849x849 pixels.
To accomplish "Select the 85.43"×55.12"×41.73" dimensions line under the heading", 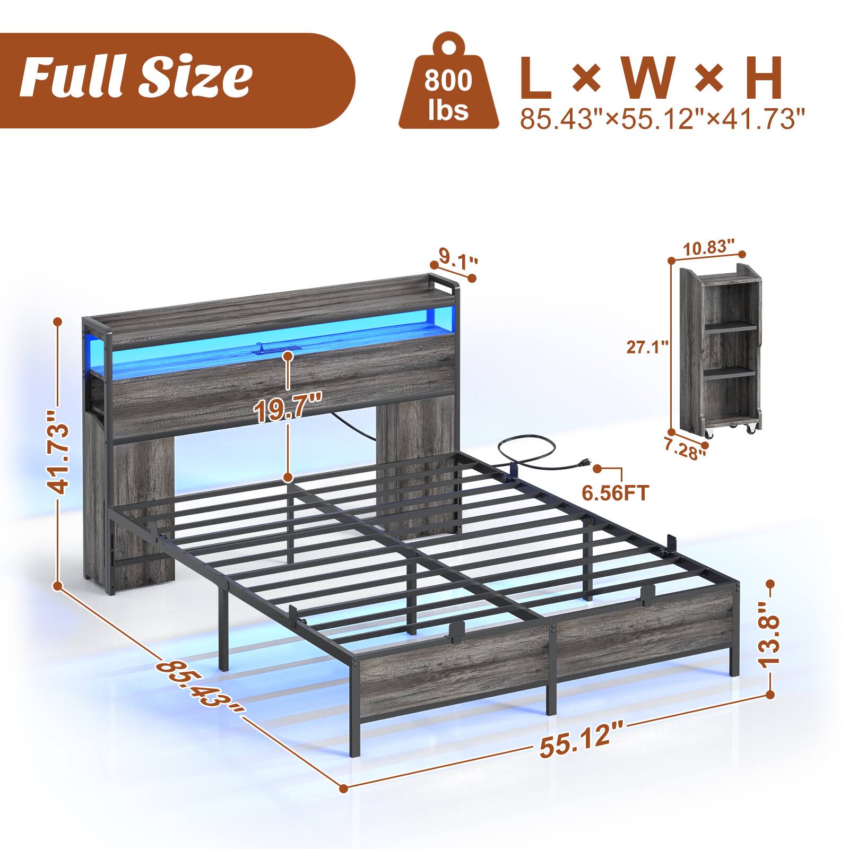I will pyautogui.click(x=662, y=118).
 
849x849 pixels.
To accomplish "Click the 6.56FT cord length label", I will pyautogui.click(x=615, y=493).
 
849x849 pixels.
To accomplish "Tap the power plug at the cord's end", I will pyautogui.click(x=583, y=463).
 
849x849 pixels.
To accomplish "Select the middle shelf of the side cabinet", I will pyautogui.click(x=730, y=371).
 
